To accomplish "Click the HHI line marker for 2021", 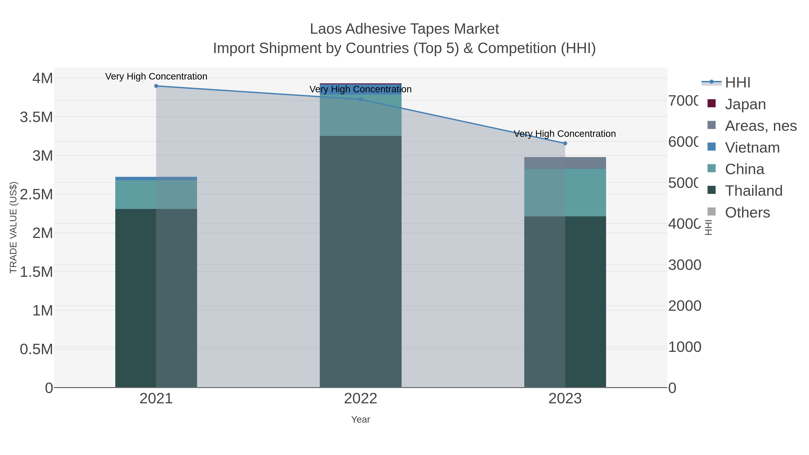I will click(156, 86).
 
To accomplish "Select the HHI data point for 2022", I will click(360, 100).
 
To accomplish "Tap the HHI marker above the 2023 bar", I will click(565, 144).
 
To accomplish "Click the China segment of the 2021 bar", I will click(156, 195).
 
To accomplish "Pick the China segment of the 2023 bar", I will click(565, 193).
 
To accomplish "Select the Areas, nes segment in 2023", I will click(565, 163).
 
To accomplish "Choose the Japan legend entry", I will click(745, 104).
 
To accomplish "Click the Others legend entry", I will click(747, 213).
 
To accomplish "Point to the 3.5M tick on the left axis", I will click(36, 117).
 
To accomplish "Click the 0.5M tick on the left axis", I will click(36, 349).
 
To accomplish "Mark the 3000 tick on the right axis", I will click(685, 265).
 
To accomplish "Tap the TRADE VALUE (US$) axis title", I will click(13, 227).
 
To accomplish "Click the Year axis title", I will click(360, 419).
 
